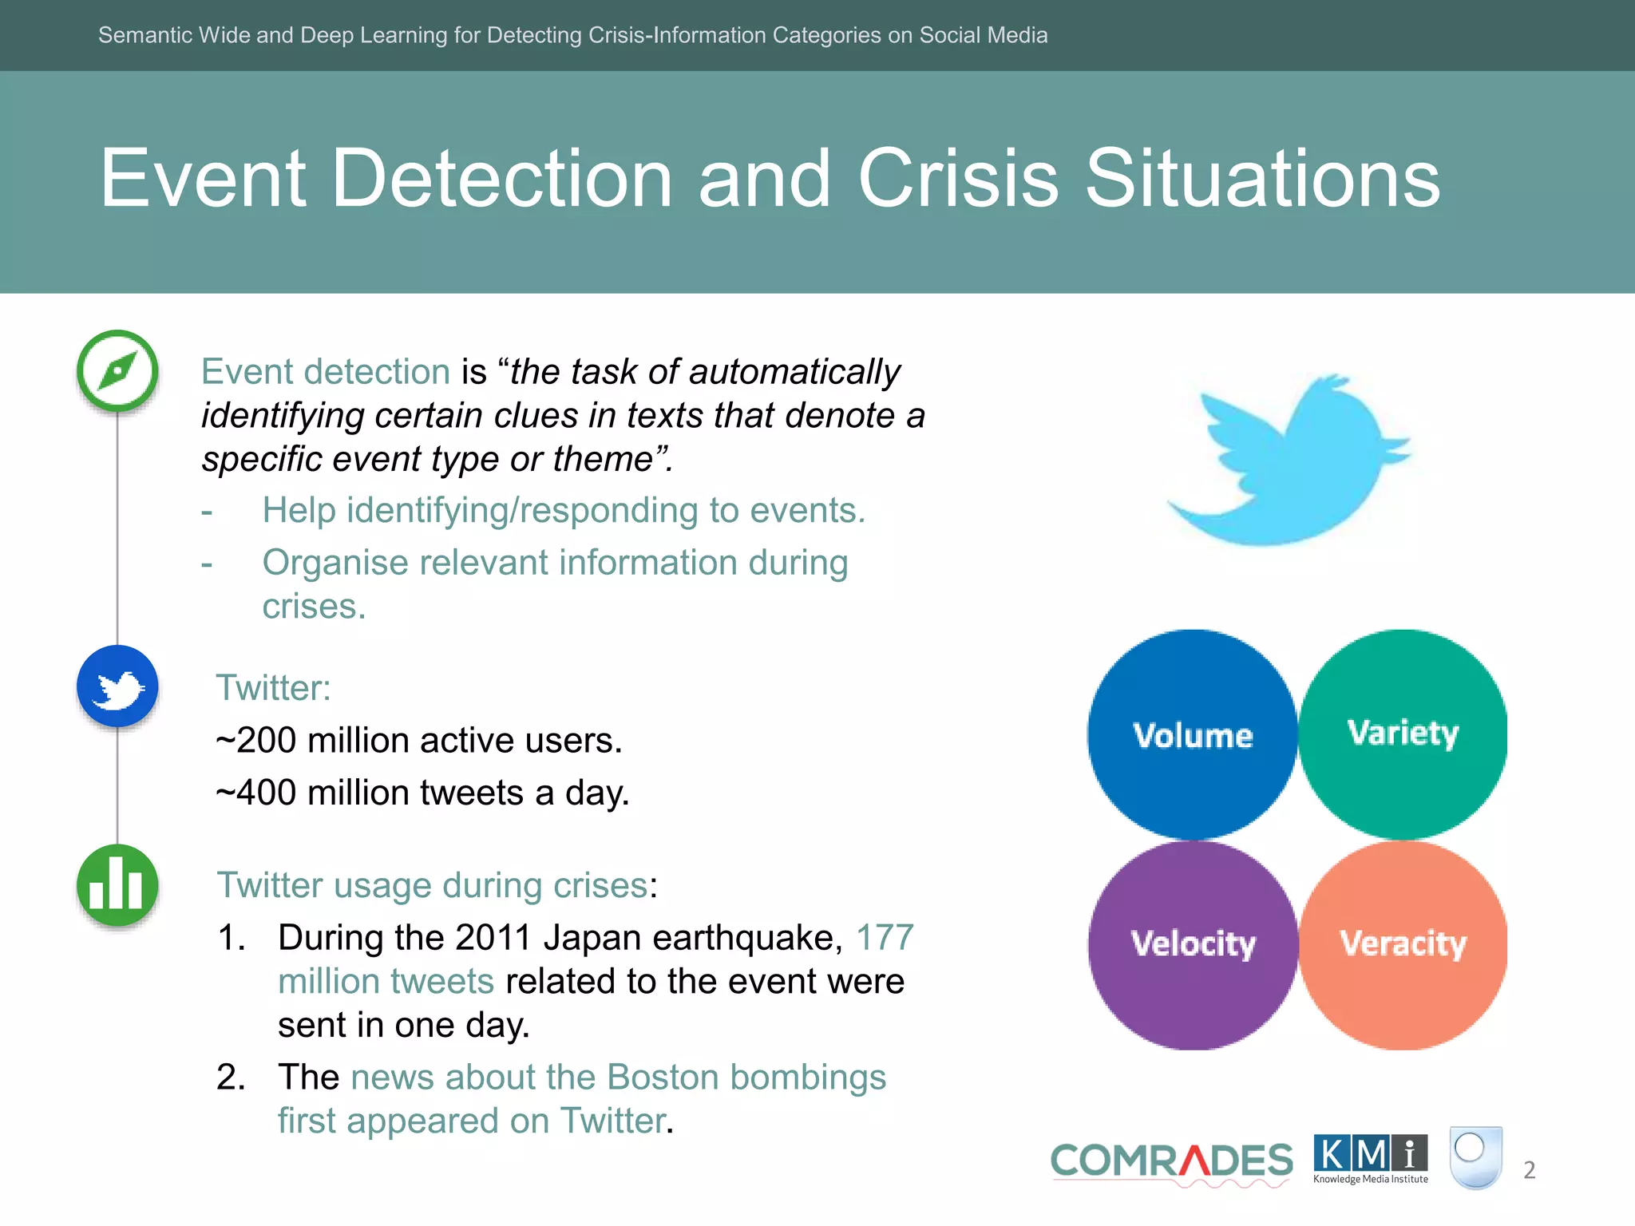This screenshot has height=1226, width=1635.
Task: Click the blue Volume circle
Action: coord(1192,734)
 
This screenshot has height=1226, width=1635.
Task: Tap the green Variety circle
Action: coord(1403,733)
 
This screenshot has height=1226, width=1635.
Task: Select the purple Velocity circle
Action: coord(1193,944)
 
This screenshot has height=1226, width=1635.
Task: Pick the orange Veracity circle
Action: coord(1403,944)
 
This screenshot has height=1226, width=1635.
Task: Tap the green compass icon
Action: coord(117,371)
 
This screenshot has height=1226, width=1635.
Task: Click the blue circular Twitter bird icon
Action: coord(117,686)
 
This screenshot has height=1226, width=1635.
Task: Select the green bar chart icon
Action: coord(117,885)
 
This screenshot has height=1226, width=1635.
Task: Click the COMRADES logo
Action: coord(1171,1161)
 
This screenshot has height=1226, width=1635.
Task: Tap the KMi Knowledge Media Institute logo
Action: coord(1370,1158)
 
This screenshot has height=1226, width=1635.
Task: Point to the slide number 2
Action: coord(1529,1170)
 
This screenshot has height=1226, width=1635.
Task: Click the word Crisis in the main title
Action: coord(958,179)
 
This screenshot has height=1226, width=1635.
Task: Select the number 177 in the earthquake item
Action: coord(885,937)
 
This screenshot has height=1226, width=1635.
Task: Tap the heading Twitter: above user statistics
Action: coord(273,688)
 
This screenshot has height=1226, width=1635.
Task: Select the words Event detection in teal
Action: coord(326,372)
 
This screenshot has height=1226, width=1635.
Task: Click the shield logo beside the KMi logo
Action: coord(1475,1157)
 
